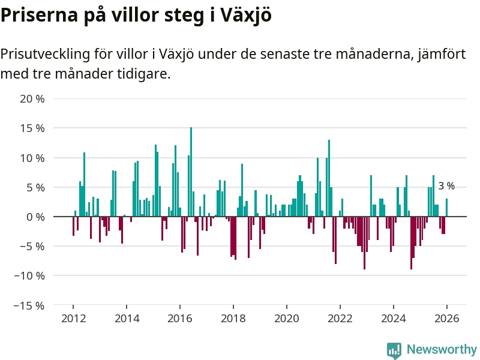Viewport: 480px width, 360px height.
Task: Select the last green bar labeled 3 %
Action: (446, 208)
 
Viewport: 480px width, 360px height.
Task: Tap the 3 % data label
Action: (446, 186)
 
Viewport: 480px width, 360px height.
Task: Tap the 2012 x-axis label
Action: (73, 319)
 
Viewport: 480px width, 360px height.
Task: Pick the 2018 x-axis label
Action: (233, 319)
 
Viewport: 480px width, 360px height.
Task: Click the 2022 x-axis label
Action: (340, 319)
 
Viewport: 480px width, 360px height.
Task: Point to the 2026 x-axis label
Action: (447, 319)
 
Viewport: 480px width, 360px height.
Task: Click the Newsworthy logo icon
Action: (394, 350)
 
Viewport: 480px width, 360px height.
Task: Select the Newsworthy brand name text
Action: (442, 350)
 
